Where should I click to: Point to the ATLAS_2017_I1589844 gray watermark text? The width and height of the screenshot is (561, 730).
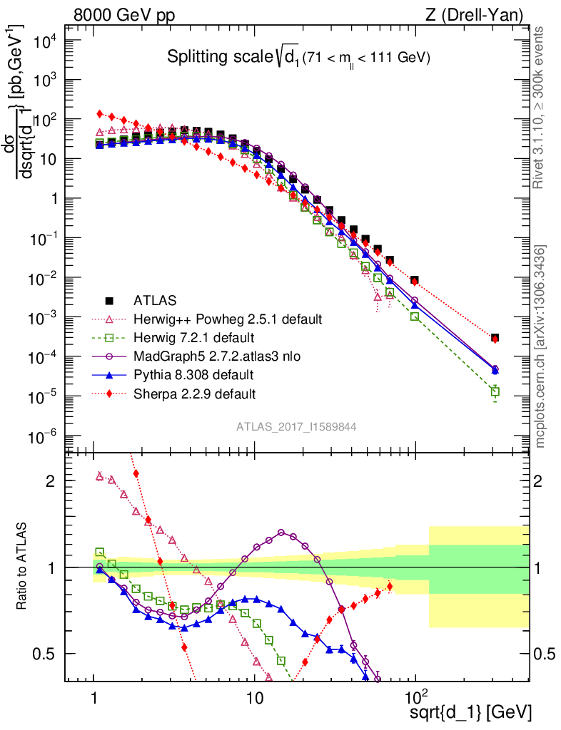point(296,426)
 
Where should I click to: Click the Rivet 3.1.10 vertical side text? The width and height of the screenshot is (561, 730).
point(540,107)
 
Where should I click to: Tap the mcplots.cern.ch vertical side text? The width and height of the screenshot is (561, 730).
point(540,346)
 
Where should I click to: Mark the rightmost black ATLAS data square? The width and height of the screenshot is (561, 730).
point(495,338)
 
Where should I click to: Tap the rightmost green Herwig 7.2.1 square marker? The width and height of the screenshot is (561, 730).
point(495,391)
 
